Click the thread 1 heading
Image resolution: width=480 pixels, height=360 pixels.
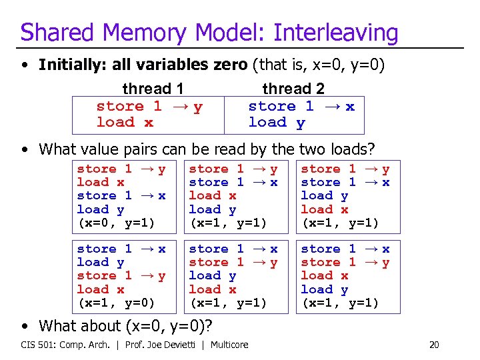153,89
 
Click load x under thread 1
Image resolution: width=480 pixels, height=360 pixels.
125,122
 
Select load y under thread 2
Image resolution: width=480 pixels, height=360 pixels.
277,122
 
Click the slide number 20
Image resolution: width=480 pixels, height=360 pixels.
434,345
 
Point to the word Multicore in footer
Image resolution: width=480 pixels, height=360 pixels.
229,345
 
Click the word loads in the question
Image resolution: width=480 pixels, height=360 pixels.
347,149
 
